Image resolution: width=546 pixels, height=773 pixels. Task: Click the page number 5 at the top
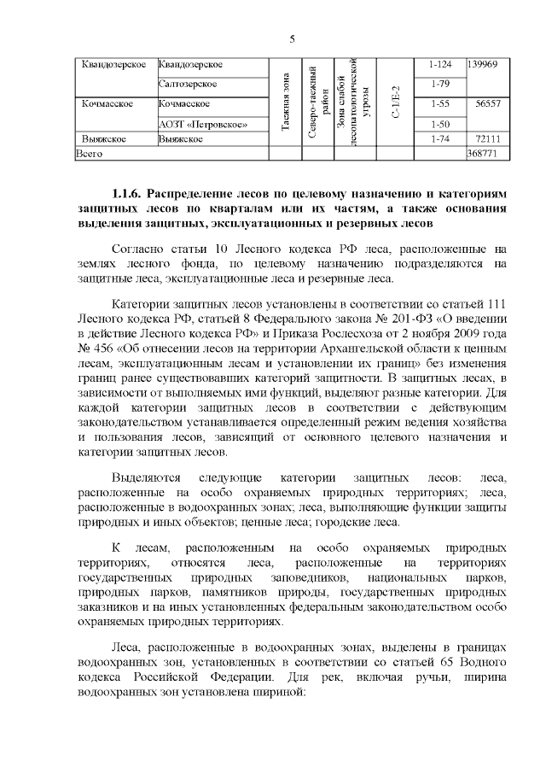click(x=292, y=38)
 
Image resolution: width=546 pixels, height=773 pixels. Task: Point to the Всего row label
click(x=90, y=154)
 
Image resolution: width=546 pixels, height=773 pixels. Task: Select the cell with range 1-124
click(x=440, y=65)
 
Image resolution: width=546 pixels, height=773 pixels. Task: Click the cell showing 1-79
click(x=440, y=84)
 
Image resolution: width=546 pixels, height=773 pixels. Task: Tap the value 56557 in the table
click(x=487, y=103)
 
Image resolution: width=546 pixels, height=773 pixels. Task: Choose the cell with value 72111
click(x=487, y=138)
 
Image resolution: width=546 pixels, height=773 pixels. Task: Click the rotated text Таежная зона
click(x=285, y=102)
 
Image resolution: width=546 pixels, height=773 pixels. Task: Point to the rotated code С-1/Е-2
click(x=393, y=102)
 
